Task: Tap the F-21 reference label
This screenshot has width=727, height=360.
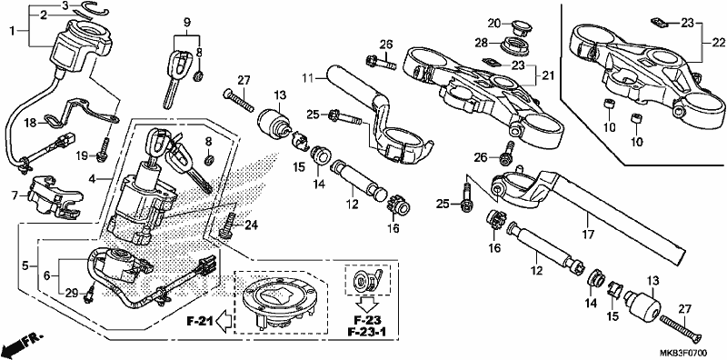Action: pyautogui.click(x=200, y=321)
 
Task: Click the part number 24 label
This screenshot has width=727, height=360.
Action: pyautogui.click(x=251, y=226)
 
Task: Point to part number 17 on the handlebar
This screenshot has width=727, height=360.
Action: pyautogui.click(x=587, y=235)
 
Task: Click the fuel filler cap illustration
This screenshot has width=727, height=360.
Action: pyautogui.click(x=277, y=302)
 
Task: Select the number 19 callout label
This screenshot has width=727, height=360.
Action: pyautogui.click(x=82, y=156)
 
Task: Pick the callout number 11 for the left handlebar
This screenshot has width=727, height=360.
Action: pyautogui.click(x=308, y=78)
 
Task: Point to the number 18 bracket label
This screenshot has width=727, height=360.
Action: pyautogui.click(x=30, y=123)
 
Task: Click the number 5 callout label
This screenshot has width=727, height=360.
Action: pyautogui.click(x=25, y=265)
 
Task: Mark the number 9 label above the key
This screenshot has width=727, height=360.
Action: pyautogui.click(x=187, y=21)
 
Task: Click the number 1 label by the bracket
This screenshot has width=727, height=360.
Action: pyautogui.click(x=13, y=31)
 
